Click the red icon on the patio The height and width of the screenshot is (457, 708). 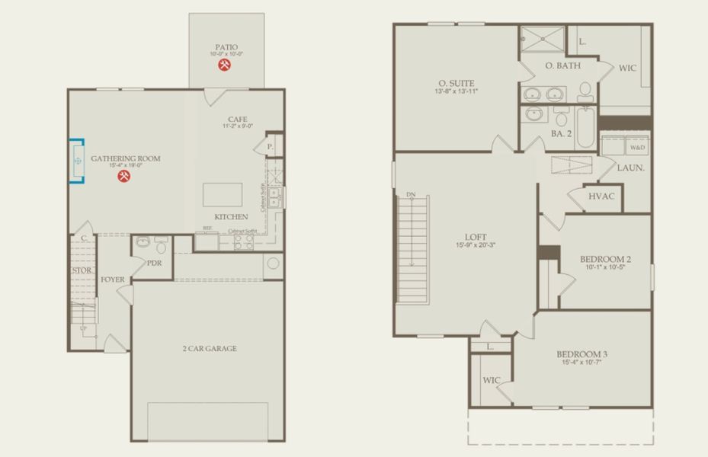[x=225, y=66]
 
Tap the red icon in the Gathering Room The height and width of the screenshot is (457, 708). [x=125, y=177]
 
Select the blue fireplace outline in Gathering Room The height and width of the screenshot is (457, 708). [x=75, y=161]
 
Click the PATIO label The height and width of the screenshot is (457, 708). [x=227, y=46]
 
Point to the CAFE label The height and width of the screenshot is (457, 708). [x=237, y=119]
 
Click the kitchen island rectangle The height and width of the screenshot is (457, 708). [x=223, y=195]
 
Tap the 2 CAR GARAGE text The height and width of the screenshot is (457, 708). [x=209, y=349]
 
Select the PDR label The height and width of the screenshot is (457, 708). [x=155, y=263]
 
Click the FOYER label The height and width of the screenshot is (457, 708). [x=113, y=280]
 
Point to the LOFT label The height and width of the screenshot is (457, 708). [x=476, y=237]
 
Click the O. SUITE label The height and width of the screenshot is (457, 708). [x=457, y=83]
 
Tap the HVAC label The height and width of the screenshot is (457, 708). [x=602, y=196]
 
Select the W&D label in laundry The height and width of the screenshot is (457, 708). [x=636, y=148]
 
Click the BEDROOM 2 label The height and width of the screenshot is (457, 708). [x=605, y=259]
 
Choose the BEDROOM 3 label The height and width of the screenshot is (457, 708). [x=581, y=354]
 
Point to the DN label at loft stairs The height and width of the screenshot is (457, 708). [x=411, y=193]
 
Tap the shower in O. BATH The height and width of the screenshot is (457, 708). [x=543, y=37]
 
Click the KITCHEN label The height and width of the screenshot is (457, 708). [x=231, y=217]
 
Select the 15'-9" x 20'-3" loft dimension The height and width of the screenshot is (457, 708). [x=476, y=245]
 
